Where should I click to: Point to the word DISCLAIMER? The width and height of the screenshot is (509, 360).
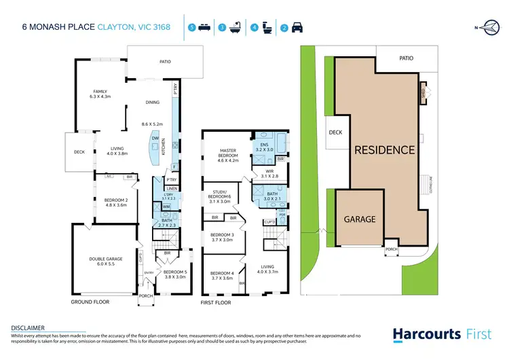[x=28, y=327]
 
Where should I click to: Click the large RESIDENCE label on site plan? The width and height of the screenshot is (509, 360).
[x=384, y=149]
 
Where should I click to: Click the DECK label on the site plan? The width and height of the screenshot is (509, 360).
[x=336, y=132]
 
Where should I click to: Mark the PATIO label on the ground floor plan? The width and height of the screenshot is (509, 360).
[x=165, y=62]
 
